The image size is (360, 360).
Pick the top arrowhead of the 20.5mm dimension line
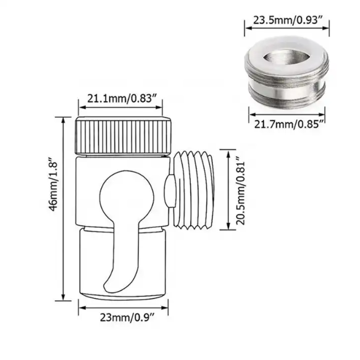click(x=228, y=152)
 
